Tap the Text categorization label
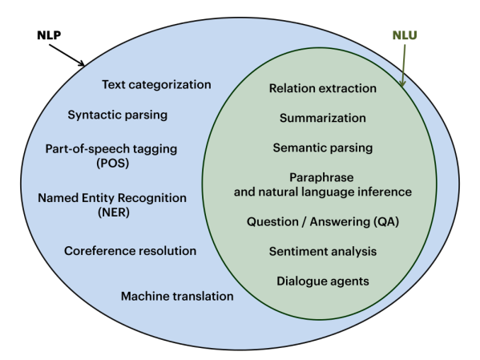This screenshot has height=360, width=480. tap(156, 84)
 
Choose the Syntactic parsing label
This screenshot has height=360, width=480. tap(118, 114)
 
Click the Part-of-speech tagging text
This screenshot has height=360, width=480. tap(111, 148)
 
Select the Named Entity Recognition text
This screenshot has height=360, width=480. tap(112, 197)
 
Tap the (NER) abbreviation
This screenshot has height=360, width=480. tap(111, 212)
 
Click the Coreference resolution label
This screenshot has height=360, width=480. tap(130, 250)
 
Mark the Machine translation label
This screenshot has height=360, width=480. tap(177, 296)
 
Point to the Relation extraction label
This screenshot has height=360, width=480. tap(323, 88)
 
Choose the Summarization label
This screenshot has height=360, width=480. tap(323, 118)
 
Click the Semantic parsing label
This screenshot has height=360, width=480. tap(323, 148)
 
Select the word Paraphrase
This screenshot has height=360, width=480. tap(323, 177)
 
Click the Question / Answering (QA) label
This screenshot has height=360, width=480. tap(323, 221)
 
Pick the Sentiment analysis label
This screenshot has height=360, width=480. tap(323, 251)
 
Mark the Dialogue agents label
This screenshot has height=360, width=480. tap(323, 281)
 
